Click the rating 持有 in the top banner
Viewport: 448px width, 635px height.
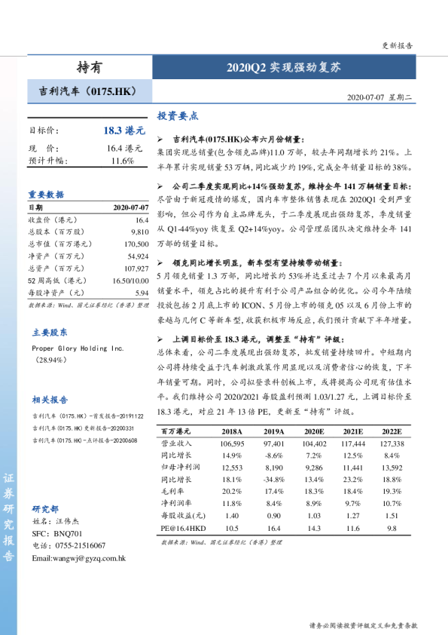tap(89, 67)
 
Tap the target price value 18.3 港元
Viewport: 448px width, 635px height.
tap(124, 130)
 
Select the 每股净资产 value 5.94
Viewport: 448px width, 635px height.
tap(142, 292)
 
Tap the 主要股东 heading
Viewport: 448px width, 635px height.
tap(50, 332)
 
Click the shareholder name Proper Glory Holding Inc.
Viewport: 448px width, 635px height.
tap(78, 349)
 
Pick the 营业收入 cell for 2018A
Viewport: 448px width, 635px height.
tap(232, 444)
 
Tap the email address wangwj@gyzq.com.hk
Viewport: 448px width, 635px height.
tap(78, 557)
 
